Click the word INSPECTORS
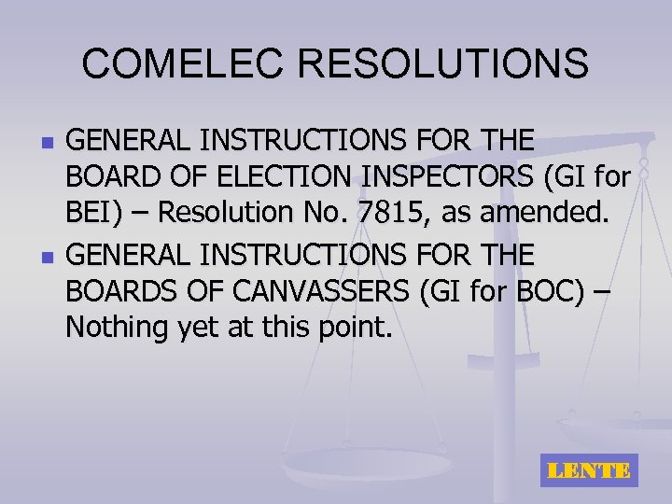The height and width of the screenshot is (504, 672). tap(453, 177)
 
